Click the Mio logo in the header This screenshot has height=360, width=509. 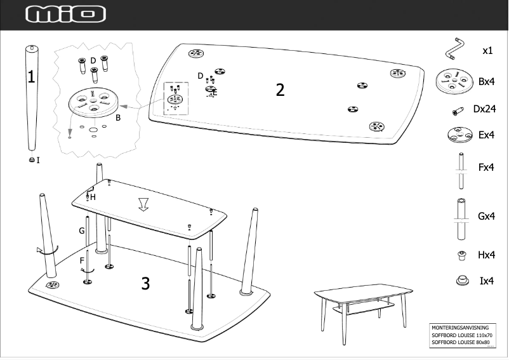tap(66, 15)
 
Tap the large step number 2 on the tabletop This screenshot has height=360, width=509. tap(280, 90)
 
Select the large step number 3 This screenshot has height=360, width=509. tap(145, 283)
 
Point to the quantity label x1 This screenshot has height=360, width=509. tap(487, 50)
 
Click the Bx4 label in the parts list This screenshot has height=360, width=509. tap(486, 82)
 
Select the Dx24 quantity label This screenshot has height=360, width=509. tap(484, 109)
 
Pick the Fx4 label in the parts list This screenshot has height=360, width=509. tap(486, 168)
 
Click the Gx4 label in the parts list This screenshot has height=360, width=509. tap(486, 217)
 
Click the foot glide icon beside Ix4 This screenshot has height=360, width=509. tap(461, 281)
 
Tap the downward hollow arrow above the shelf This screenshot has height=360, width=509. tap(144, 204)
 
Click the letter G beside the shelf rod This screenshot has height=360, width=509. tap(81, 230)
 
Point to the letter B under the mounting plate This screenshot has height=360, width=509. tap(118, 117)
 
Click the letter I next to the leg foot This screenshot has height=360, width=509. tap(38, 161)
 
